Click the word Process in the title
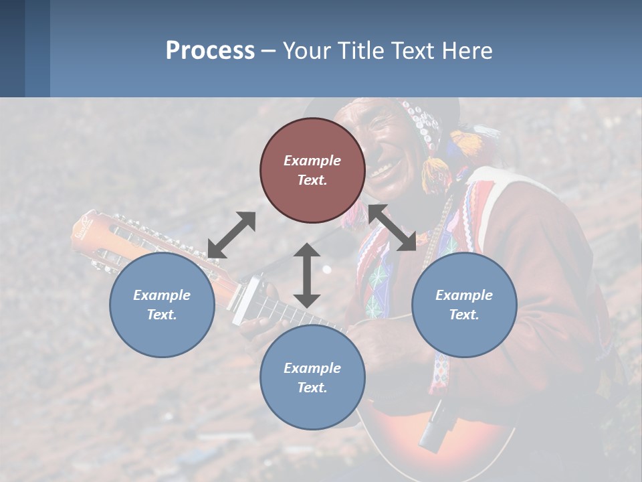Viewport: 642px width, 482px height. (x=210, y=51)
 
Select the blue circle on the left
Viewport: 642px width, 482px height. (x=162, y=305)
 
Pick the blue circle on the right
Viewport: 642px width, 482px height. (x=464, y=305)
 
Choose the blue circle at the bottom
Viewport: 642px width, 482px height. (x=312, y=378)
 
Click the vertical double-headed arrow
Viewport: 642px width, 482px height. (x=307, y=275)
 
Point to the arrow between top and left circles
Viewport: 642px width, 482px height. (x=231, y=235)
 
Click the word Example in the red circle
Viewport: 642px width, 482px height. (x=312, y=161)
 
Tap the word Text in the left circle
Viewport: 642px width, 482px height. (x=162, y=315)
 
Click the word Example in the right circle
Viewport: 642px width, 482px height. (x=464, y=295)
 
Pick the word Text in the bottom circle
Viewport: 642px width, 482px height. (x=312, y=388)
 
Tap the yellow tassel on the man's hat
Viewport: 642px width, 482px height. (x=465, y=143)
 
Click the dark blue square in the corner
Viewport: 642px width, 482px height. (x=12, y=48)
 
